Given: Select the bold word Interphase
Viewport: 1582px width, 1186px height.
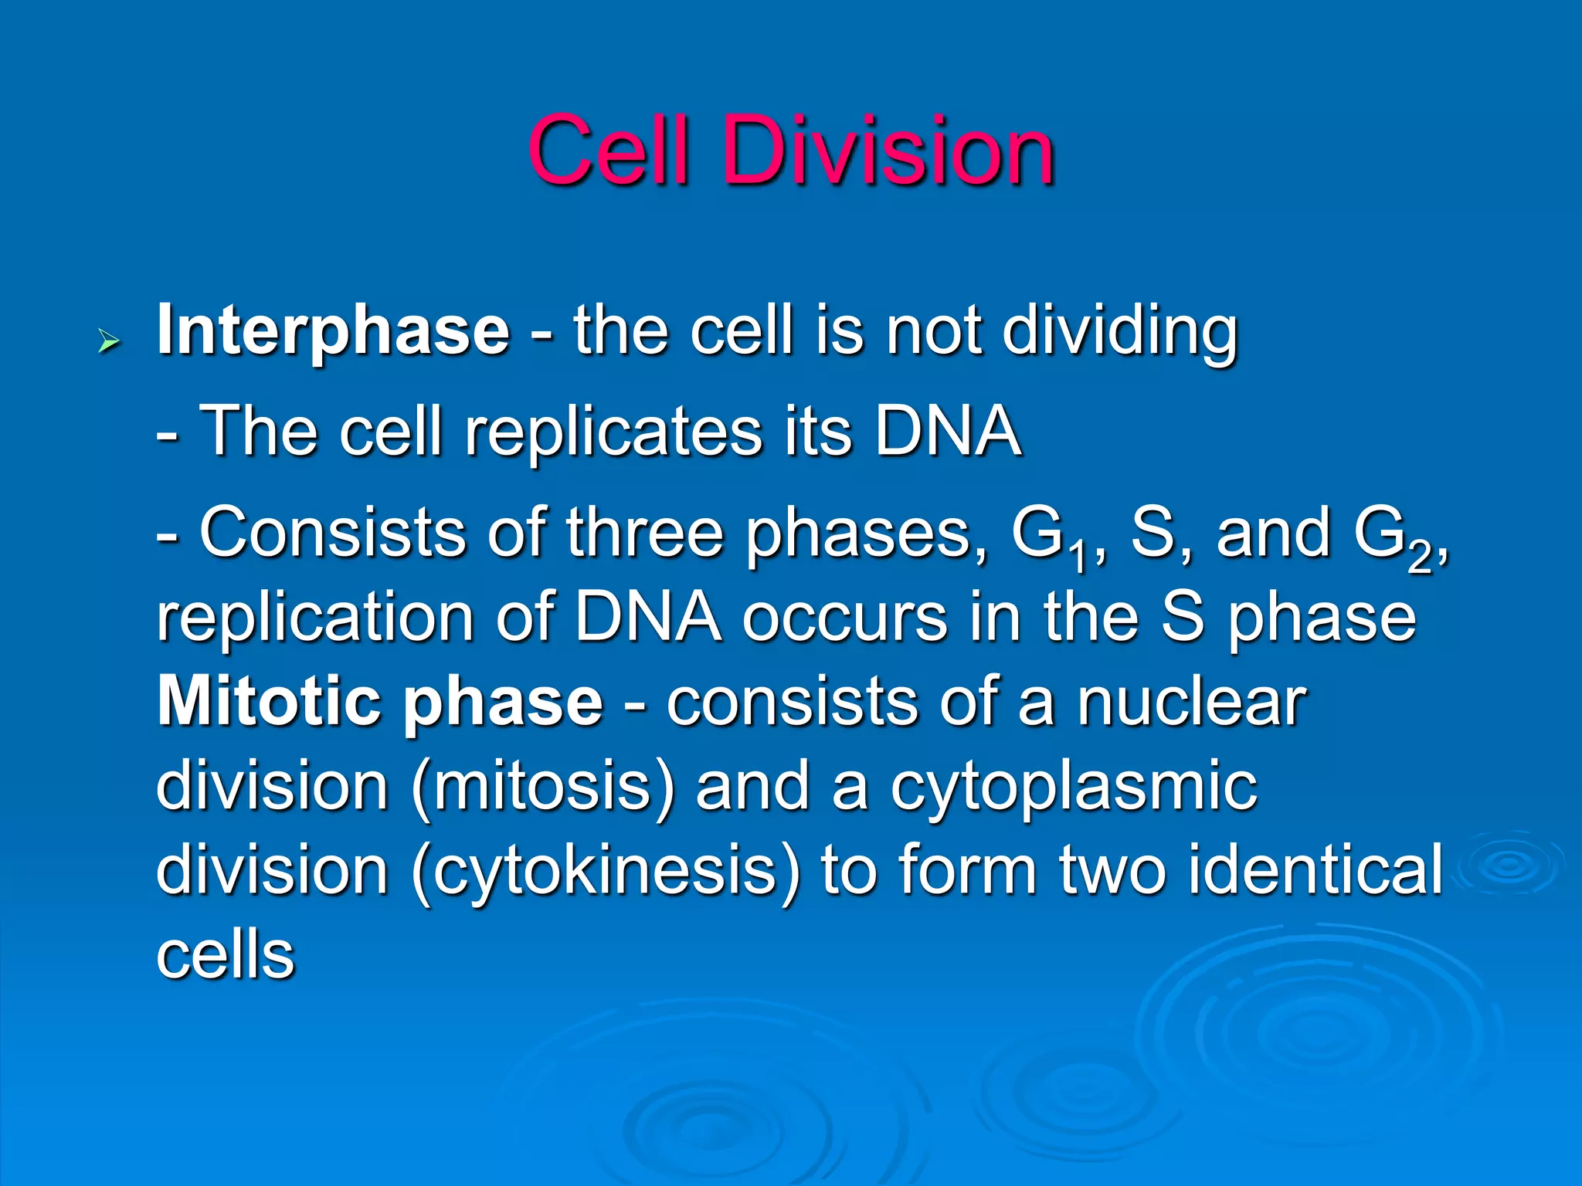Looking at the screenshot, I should pyautogui.click(x=333, y=330).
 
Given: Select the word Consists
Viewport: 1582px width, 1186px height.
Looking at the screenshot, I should pyautogui.click(x=333, y=532).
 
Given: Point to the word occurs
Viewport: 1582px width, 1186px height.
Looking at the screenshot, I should pyautogui.click(x=845, y=618).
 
